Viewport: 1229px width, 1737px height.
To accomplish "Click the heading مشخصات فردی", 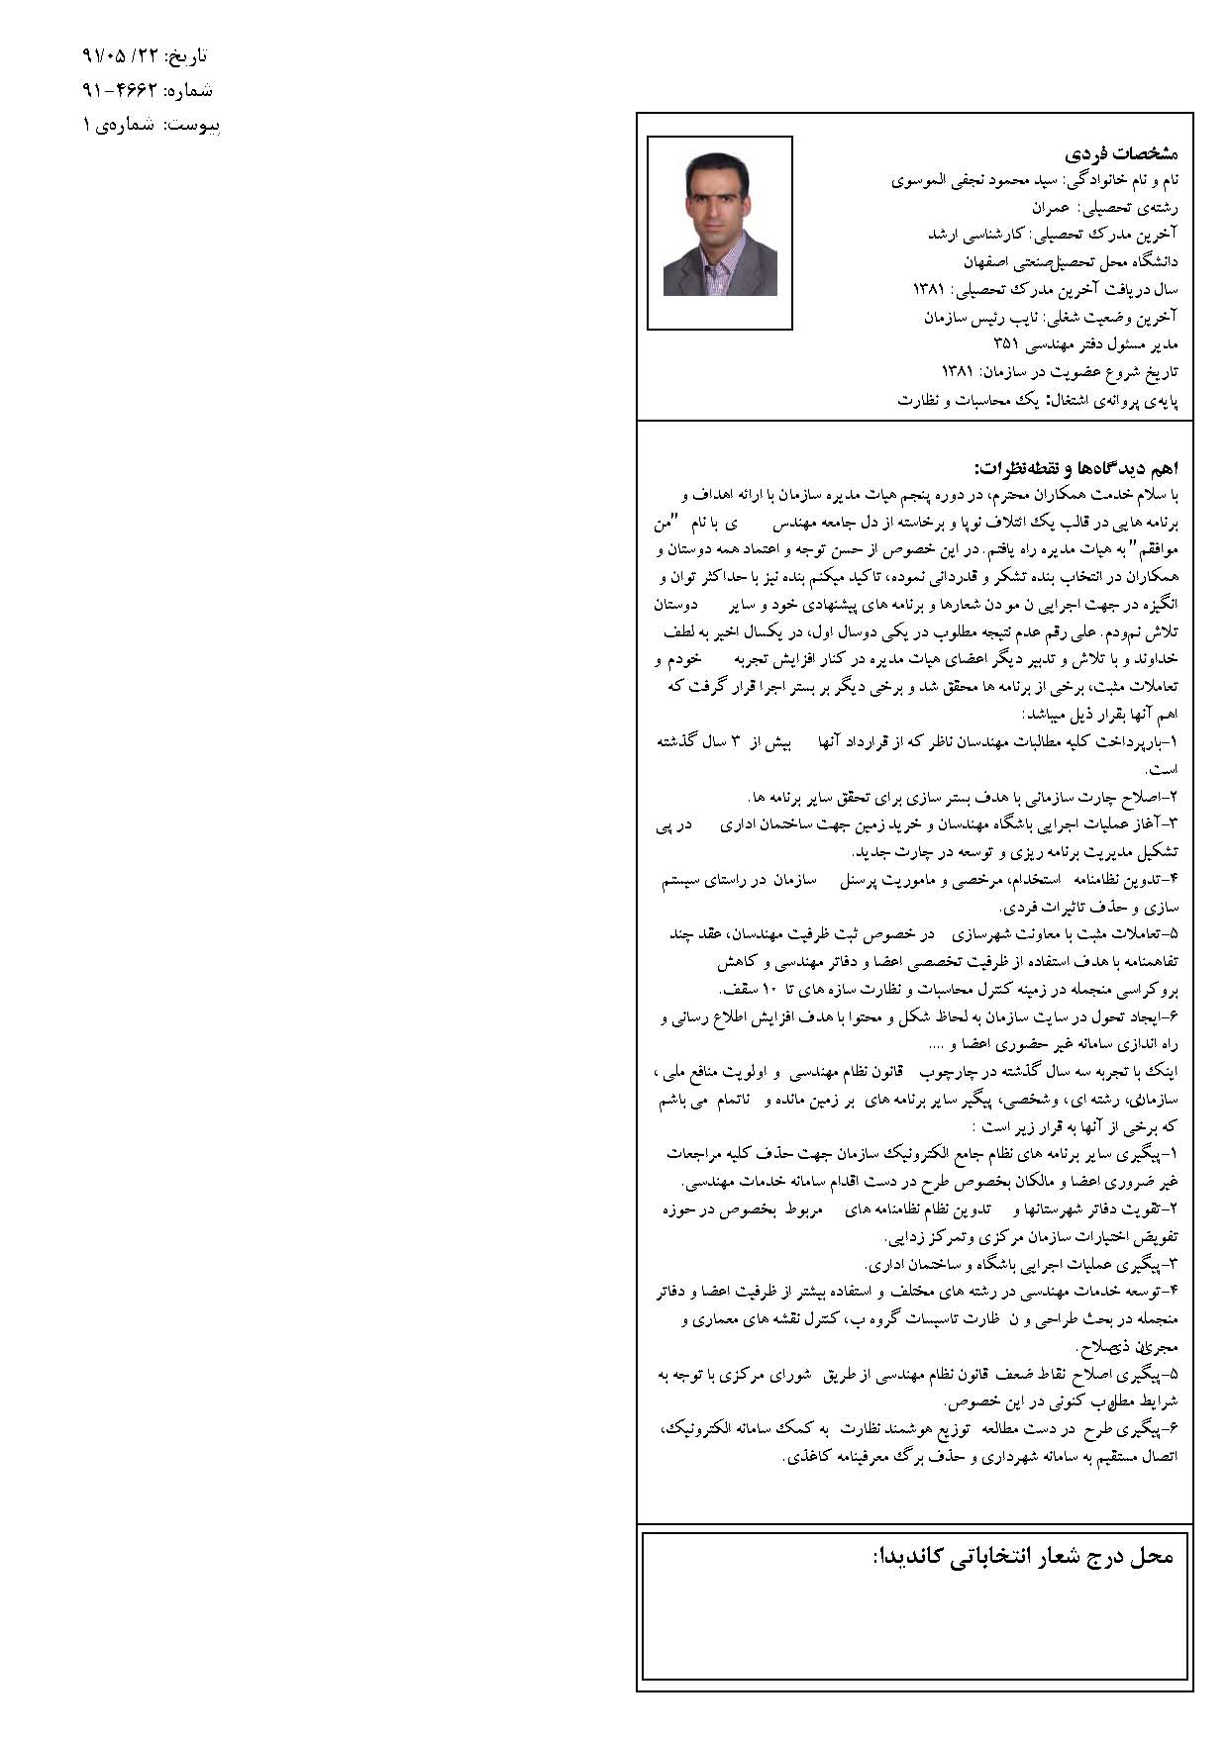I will coord(1121,154).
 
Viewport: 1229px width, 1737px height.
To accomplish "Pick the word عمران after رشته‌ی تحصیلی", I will coord(1052,208).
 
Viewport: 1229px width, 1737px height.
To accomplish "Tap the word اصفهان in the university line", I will coord(993,262).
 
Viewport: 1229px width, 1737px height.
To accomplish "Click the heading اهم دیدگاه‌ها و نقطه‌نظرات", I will coord(1075,467).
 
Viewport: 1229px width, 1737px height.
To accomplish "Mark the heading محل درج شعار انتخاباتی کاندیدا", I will coord(1023,1556).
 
